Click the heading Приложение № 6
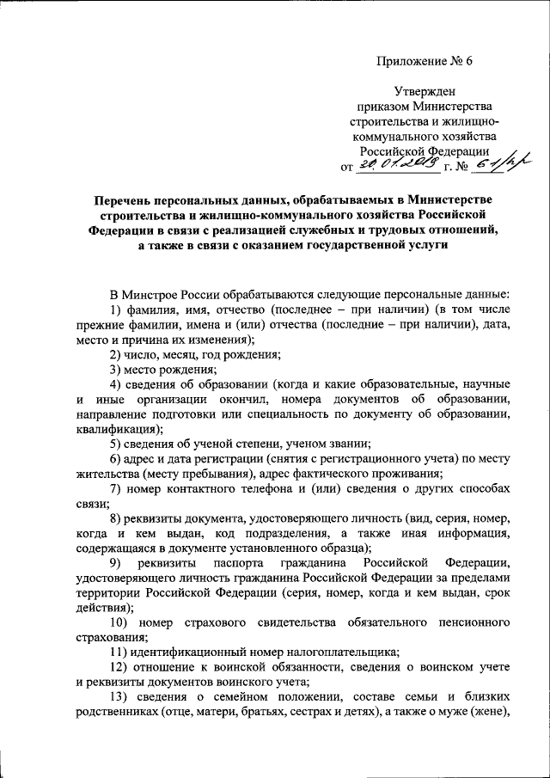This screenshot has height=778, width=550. pyautogui.click(x=424, y=59)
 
